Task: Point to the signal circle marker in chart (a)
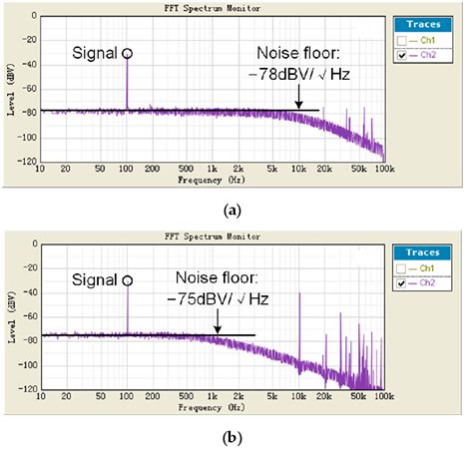click(127, 50)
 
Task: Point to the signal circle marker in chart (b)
click(127, 280)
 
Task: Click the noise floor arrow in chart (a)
click(297, 98)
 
